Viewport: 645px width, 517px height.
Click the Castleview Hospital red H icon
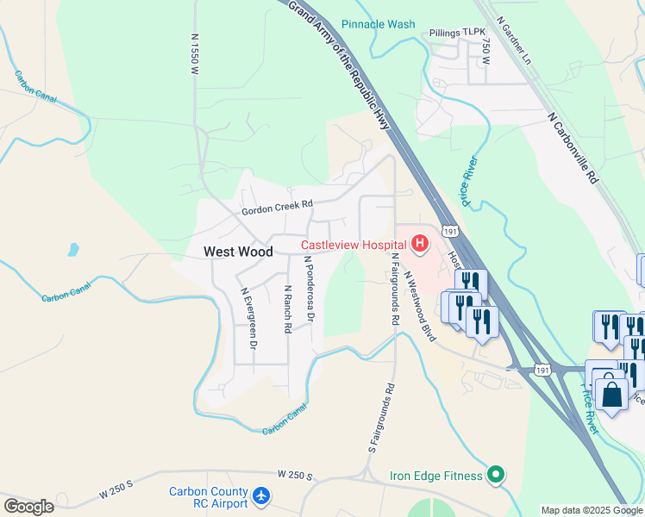point(420,245)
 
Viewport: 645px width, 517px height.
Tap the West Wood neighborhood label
point(238,252)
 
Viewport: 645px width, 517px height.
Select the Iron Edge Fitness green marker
point(496,473)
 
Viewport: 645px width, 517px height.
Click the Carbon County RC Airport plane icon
point(262,496)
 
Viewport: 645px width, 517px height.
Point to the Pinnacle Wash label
point(378,24)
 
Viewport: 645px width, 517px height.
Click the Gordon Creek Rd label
point(276,208)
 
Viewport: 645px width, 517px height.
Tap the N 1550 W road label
point(194,56)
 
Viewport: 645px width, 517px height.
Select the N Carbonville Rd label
point(572,146)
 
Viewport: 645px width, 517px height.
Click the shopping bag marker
point(611,394)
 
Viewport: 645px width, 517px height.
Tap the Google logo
point(28,507)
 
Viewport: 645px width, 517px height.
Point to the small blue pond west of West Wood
point(73,251)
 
